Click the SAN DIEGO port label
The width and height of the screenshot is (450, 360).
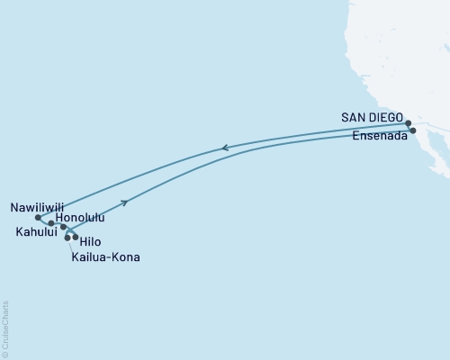373,117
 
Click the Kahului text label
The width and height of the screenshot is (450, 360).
36,231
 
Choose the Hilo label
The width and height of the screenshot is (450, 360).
90,242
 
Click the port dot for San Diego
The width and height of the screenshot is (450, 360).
408,123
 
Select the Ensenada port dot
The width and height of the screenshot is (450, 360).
413,130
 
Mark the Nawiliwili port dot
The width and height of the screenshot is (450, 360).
37,217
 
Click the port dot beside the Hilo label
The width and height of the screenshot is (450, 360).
76,238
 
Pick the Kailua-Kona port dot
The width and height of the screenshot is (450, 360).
67,238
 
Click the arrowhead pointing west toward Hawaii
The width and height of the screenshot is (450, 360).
226,148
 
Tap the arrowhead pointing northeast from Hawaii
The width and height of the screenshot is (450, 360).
124,203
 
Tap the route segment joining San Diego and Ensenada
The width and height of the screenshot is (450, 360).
410,127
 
